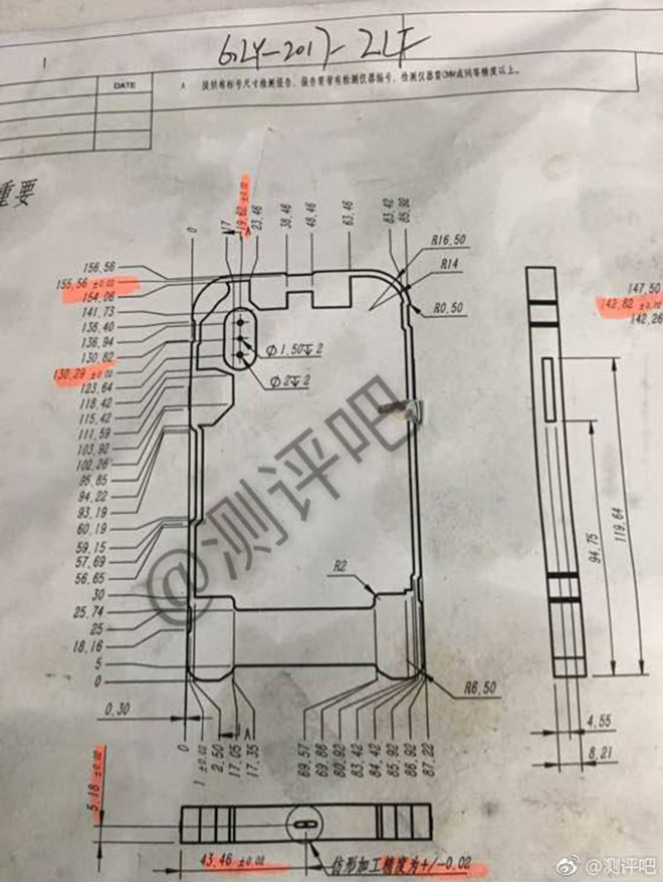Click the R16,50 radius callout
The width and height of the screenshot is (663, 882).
(x=448, y=239)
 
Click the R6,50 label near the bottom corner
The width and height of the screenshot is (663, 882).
(x=481, y=688)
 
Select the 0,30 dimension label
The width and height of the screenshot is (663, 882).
(x=120, y=709)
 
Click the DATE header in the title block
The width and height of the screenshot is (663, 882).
(x=125, y=85)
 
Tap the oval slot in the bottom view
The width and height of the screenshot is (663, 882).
(x=304, y=825)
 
